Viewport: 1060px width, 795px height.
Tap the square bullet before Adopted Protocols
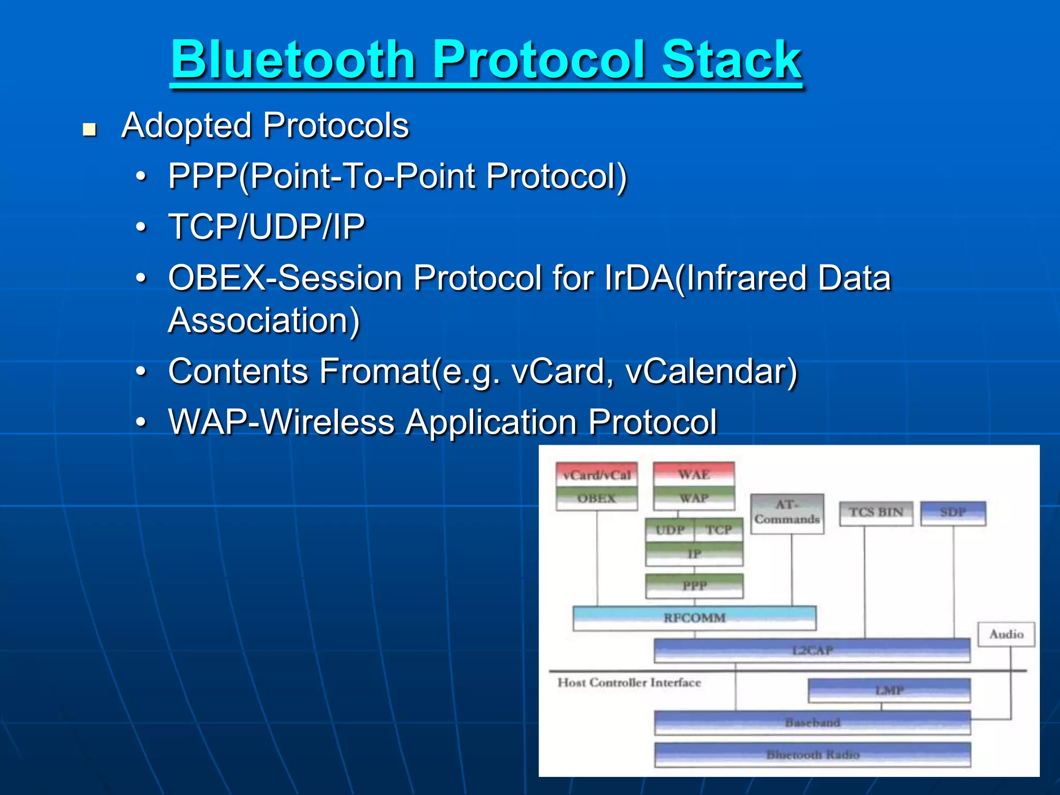click(x=90, y=129)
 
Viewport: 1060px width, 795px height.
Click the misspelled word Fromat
click(x=375, y=371)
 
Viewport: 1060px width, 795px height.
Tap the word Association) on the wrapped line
click(x=263, y=320)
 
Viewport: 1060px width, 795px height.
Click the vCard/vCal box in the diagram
click(x=597, y=475)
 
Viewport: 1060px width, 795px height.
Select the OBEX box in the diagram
click(x=597, y=498)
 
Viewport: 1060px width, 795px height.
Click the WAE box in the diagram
click(x=694, y=474)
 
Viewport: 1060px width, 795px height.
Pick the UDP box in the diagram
click(x=670, y=530)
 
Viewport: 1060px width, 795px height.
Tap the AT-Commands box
click(x=787, y=512)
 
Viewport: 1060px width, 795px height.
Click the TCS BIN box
click(x=876, y=512)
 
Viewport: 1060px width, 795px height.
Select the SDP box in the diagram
click(x=953, y=512)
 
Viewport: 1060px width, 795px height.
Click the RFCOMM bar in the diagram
click(x=694, y=617)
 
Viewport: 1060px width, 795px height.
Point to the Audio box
click(x=1006, y=634)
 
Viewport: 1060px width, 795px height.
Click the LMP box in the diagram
click(x=889, y=690)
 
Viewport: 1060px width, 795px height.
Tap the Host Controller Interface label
click(x=629, y=683)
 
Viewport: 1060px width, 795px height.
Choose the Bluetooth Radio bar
click(x=812, y=755)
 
